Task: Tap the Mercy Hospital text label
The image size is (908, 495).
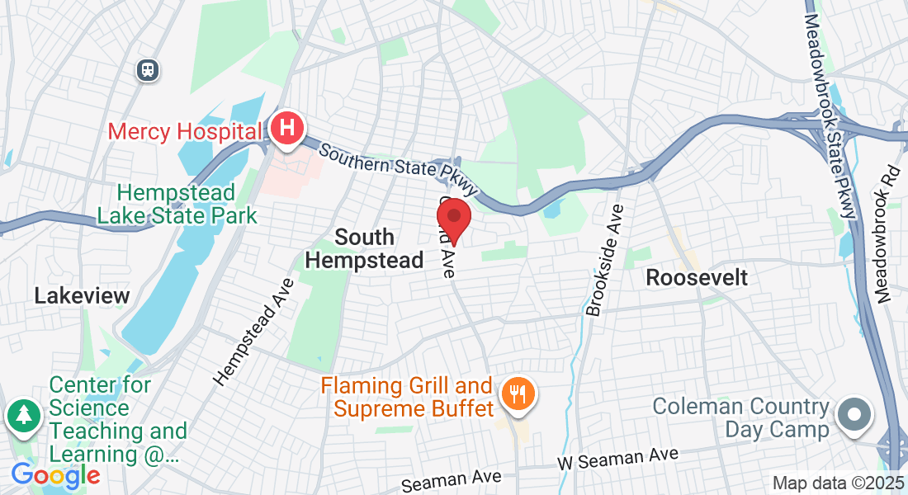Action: pos(185,131)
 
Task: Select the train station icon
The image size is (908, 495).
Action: pos(148,70)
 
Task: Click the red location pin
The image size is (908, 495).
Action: pos(453,219)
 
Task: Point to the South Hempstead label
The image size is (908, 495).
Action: pos(364,248)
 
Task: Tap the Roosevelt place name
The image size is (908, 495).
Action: pos(697,277)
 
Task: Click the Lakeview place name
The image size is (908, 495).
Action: pos(82,295)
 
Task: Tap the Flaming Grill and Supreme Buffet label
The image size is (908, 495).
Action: pos(407,396)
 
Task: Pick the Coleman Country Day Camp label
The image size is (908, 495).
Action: pos(740,417)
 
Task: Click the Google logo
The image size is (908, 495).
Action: pos(55,475)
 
